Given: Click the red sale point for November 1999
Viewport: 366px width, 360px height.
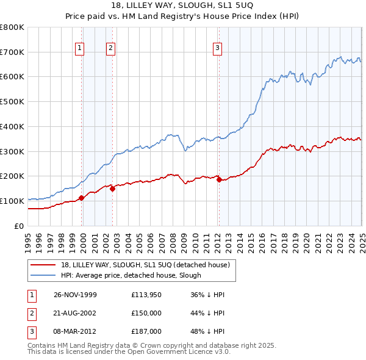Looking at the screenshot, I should click(x=82, y=197).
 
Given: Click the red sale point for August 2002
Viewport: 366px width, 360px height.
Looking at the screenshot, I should click(x=112, y=189).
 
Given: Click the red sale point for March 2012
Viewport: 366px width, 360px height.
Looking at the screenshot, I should click(x=219, y=179).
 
